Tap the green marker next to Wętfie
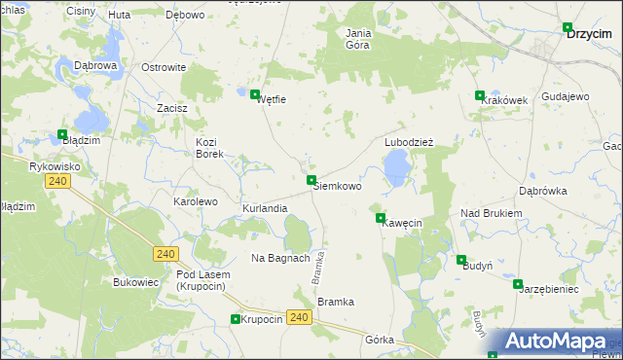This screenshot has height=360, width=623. [256, 94]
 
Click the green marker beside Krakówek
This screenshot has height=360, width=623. [479, 95]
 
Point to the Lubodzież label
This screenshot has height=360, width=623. [408, 141]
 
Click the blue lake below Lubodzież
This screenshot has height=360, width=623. [396, 170]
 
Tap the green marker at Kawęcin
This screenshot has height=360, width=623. [381, 218]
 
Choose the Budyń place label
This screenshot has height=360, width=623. [478, 266]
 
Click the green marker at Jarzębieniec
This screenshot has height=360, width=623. [518, 284]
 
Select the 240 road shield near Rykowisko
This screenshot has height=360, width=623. [57, 181]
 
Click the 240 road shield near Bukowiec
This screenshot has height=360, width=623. [165, 254]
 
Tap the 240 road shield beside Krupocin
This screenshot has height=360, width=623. [299, 317]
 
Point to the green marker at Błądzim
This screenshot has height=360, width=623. [62, 135]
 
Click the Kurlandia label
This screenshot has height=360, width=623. [265, 209]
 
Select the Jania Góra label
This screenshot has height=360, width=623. [358, 38]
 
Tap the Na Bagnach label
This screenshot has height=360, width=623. [280, 258]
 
